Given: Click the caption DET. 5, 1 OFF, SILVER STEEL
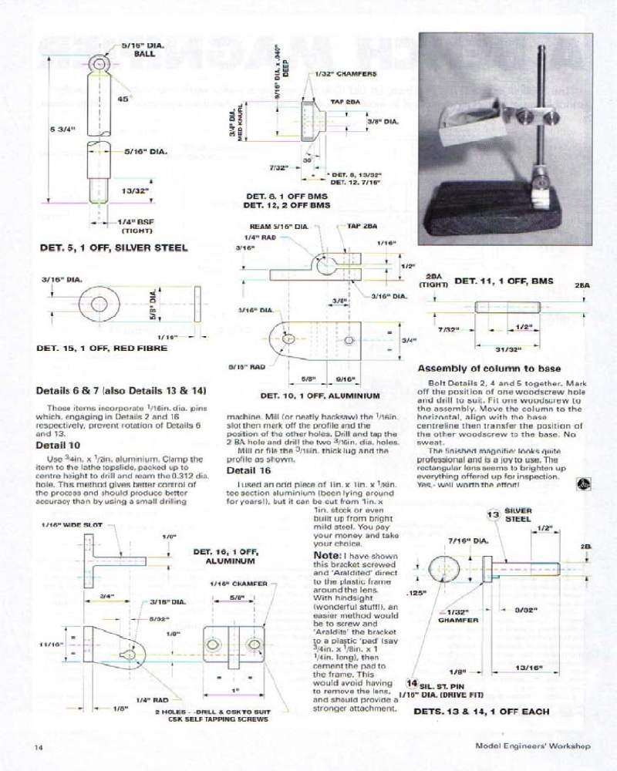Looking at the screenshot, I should point(113,248).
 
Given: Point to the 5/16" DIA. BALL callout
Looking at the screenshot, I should point(144,50).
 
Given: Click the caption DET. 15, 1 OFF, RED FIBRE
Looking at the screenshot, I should point(102,348).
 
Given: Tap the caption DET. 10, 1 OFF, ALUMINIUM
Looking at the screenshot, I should point(320,396).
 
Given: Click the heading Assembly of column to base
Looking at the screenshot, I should point(489,369).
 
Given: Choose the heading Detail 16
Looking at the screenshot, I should point(248,470).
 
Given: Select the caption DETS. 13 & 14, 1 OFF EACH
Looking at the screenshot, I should point(481,712).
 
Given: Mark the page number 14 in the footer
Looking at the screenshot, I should point(38,747).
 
